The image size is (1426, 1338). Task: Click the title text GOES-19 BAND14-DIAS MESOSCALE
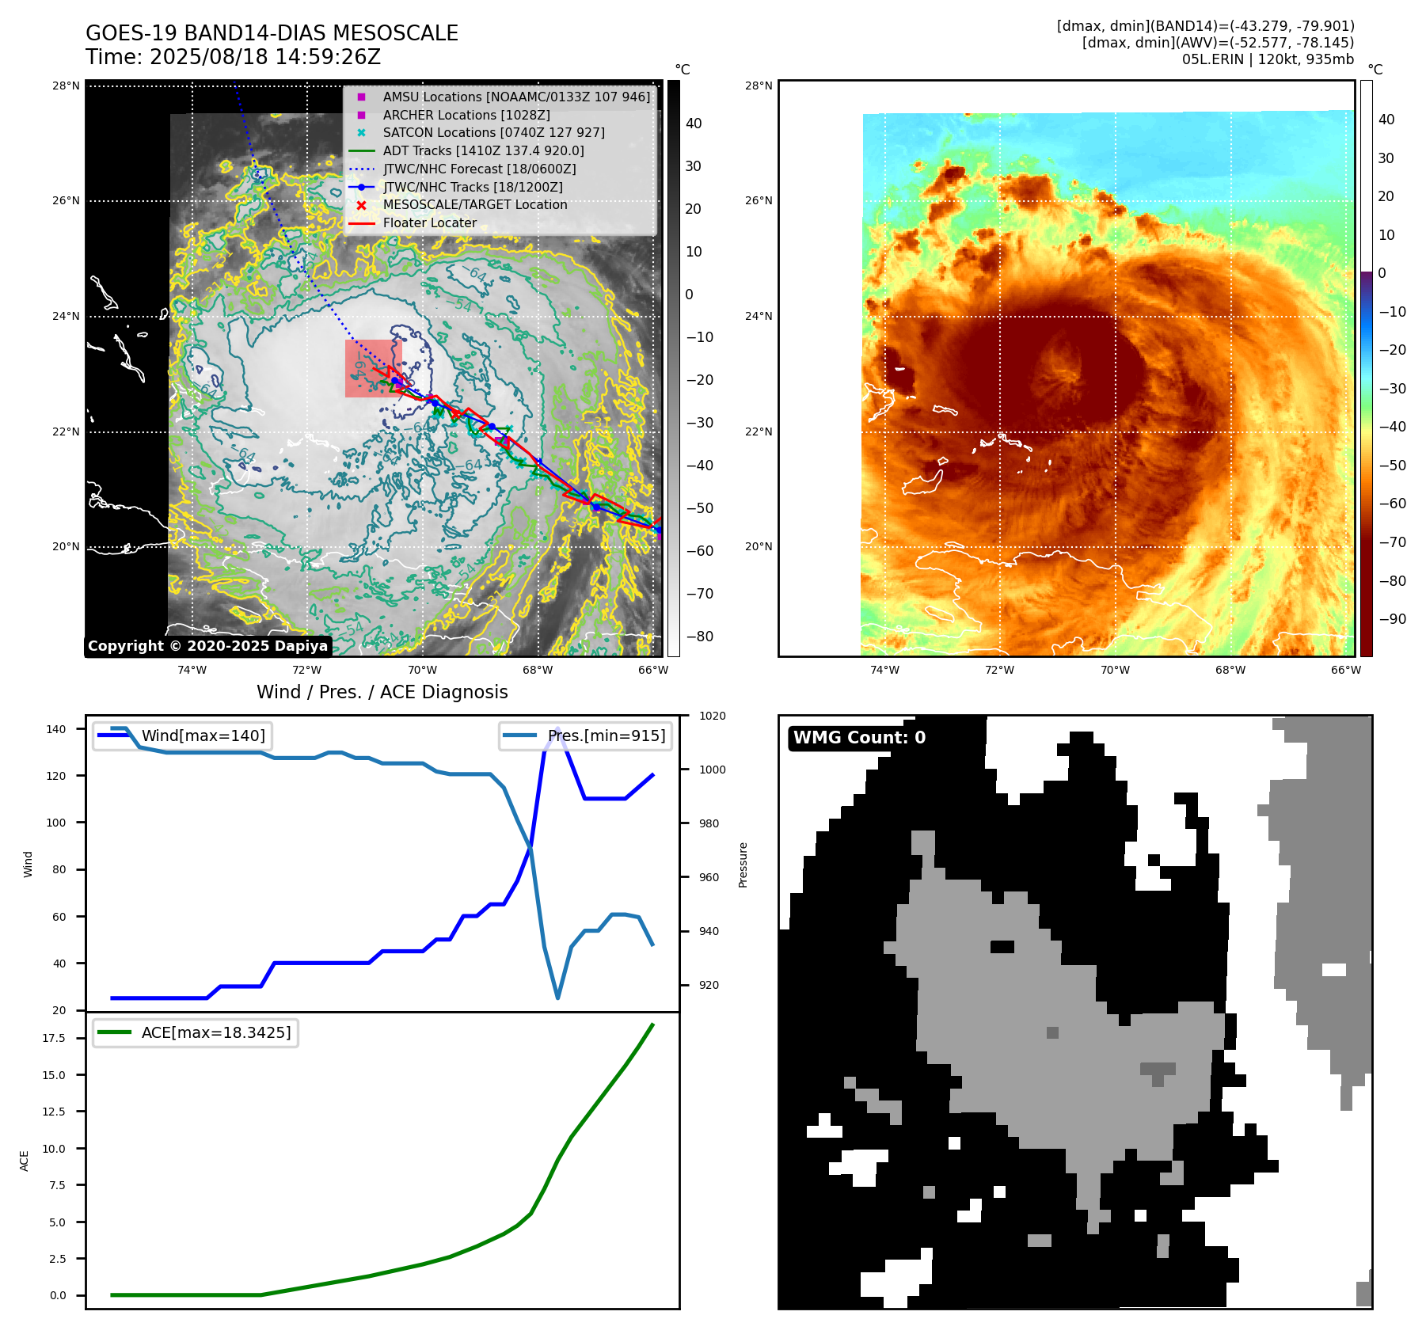pos(272,33)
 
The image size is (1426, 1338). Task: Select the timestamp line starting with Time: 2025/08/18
pos(234,57)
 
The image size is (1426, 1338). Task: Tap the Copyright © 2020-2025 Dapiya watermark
pos(207,646)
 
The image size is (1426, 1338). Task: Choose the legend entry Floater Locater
pos(429,223)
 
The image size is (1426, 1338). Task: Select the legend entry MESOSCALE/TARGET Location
pos(475,205)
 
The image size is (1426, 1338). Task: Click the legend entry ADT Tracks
pos(483,150)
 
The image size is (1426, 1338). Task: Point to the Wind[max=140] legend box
pos(182,736)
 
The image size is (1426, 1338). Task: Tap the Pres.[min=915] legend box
pos(586,736)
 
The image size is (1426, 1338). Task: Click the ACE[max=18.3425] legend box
pos(196,1032)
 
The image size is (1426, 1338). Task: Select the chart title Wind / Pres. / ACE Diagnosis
pos(382,692)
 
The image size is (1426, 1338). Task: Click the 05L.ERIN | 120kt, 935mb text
pos(1268,59)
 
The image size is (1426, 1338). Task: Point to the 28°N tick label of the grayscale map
pos(67,86)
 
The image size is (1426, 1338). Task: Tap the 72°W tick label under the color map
pos(999,670)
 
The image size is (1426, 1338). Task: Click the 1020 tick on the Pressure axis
pos(712,716)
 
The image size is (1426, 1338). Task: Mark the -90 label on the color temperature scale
pos(1392,619)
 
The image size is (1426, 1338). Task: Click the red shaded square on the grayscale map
pos(374,368)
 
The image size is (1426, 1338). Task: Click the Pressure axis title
pos(743,865)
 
